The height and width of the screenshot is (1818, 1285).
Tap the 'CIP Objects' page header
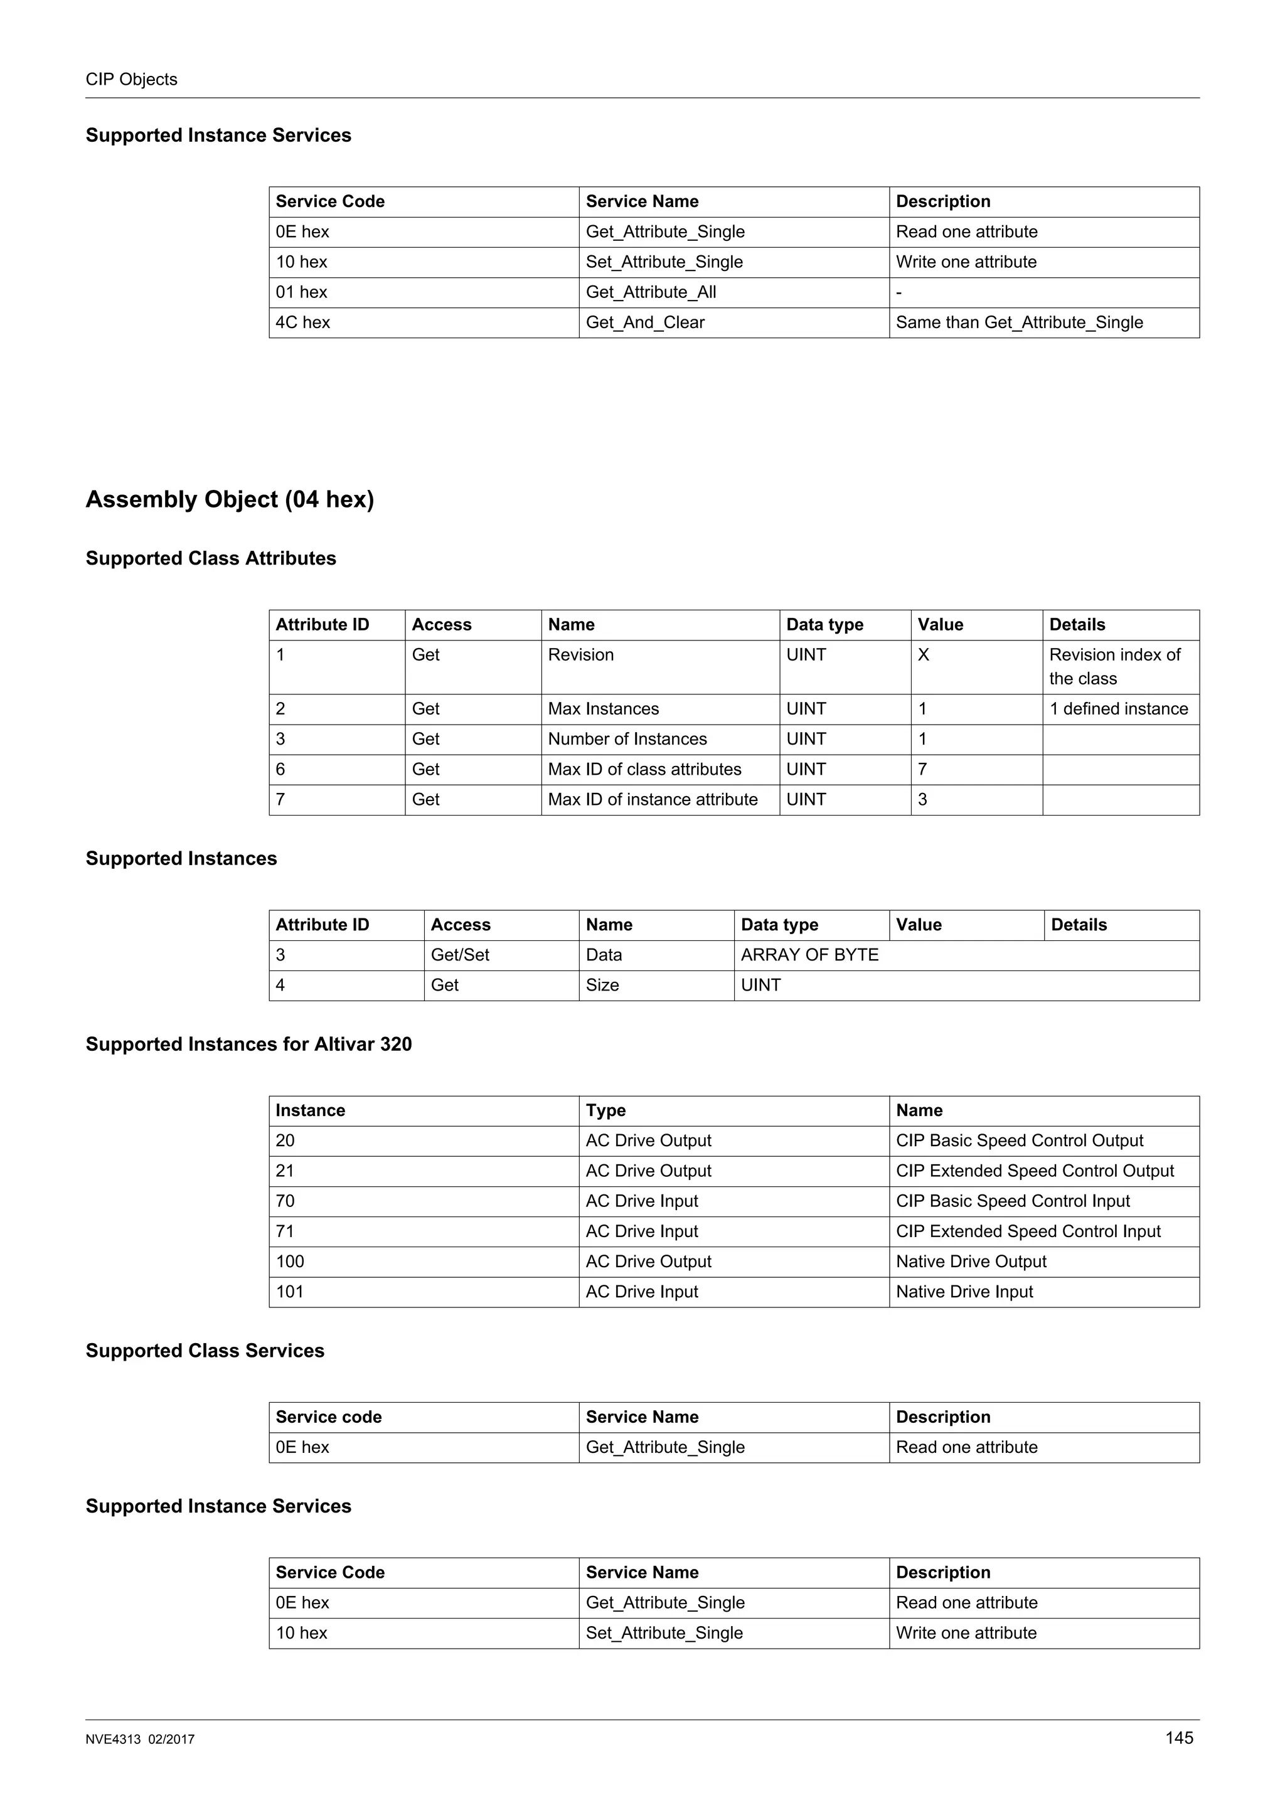click(x=131, y=79)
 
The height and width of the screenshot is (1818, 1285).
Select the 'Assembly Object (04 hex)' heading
click(x=230, y=499)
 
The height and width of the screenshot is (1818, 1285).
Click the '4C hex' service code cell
click(x=302, y=322)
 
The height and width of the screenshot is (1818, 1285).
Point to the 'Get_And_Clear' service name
click(x=644, y=322)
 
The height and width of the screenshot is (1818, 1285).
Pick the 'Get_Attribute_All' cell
click(x=650, y=292)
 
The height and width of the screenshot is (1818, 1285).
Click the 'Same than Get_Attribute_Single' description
click(x=1019, y=322)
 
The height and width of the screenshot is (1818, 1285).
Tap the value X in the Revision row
click(x=923, y=655)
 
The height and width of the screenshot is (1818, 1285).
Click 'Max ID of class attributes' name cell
click(x=644, y=769)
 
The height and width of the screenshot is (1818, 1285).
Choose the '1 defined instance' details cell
click(x=1118, y=709)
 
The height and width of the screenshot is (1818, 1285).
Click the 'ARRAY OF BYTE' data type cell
click(x=809, y=955)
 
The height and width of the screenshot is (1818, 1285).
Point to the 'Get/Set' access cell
click(x=460, y=955)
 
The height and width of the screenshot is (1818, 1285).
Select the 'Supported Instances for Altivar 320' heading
click(x=248, y=1045)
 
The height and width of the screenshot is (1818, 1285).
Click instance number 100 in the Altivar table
click(x=290, y=1262)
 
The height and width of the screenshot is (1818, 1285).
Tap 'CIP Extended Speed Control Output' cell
click(x=1035, y=1171)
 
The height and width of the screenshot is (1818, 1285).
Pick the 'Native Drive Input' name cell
click(x=964, y=1292)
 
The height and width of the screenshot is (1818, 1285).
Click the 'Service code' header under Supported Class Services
click(x=329, y=1417)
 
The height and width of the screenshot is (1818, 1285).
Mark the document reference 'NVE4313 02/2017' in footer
click(x=140, y=1740)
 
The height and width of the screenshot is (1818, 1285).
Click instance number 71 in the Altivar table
click(x=285, y=1231)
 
